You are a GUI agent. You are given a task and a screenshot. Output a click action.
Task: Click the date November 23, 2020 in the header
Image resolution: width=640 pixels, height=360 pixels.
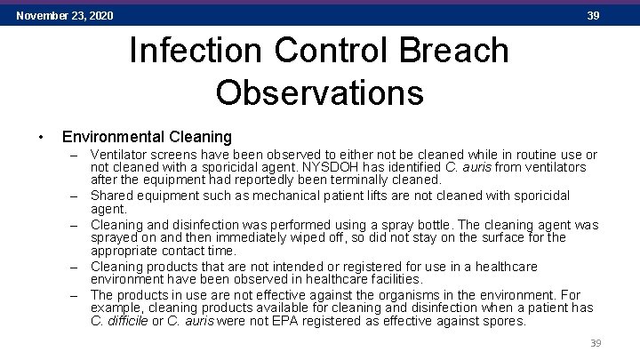(65, 16)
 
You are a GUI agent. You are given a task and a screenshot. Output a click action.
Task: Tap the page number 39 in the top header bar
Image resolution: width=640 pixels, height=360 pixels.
(593, 16)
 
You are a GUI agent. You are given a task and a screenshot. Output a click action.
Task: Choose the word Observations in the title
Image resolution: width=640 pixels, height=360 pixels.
(319, 92)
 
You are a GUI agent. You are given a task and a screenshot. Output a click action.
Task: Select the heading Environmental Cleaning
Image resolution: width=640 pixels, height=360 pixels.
(146, 138)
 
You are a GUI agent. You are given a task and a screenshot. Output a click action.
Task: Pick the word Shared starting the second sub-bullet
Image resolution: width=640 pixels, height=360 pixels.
(113, 196)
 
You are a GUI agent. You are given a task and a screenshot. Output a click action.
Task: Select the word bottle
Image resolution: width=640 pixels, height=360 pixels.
(431, 225)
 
